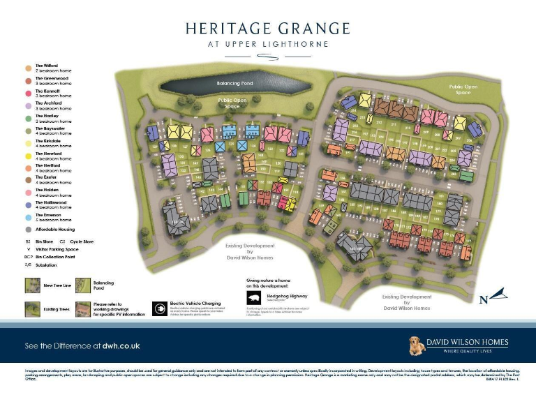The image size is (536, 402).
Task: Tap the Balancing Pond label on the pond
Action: point(234,83)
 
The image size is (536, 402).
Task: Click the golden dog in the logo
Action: point(419,345)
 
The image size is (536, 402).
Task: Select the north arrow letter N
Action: point(483,301)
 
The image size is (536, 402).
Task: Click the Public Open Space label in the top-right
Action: point(463,89)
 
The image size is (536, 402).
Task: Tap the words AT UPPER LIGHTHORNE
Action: point(268,44)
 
